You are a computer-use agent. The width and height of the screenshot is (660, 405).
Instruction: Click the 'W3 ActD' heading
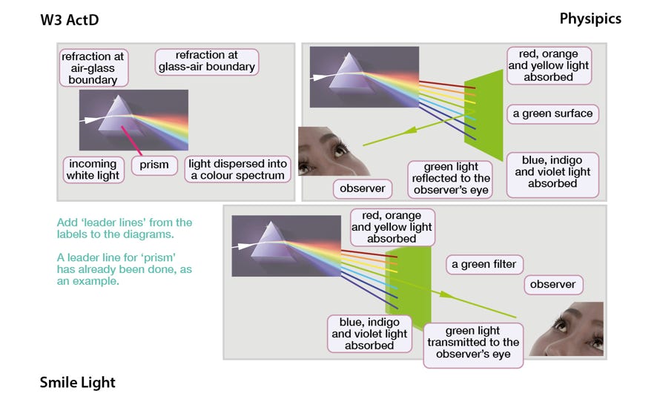tap(70, 20)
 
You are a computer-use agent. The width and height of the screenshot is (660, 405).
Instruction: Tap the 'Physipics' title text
tap(590, 19)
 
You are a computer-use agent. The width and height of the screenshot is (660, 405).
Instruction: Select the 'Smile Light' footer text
tap(77, 382)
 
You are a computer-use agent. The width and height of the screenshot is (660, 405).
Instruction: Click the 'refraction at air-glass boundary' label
tap(93, 67)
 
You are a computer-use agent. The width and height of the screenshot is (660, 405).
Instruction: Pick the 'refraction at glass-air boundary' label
tap(207, 62)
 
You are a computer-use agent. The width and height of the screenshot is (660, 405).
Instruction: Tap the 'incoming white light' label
tap(93, 169)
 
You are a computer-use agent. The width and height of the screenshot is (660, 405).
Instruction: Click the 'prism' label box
tap(154, 165)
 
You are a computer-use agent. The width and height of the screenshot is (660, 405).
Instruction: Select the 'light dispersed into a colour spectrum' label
tap(238, 169)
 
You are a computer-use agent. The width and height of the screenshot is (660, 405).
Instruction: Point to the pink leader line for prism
tap(132, 141)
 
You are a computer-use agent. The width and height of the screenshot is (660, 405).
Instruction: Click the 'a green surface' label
tap(552, 113)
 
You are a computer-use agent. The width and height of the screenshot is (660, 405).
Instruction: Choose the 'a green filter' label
tap(484, 264)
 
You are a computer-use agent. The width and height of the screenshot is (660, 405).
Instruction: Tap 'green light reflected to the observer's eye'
tap(450, 179)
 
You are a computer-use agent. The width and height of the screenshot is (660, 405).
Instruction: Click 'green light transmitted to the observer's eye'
tap(473, 342)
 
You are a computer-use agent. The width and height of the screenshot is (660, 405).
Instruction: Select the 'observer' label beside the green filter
tap(553, 285)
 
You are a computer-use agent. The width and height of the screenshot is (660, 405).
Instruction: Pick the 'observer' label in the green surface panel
tap(363, 188)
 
